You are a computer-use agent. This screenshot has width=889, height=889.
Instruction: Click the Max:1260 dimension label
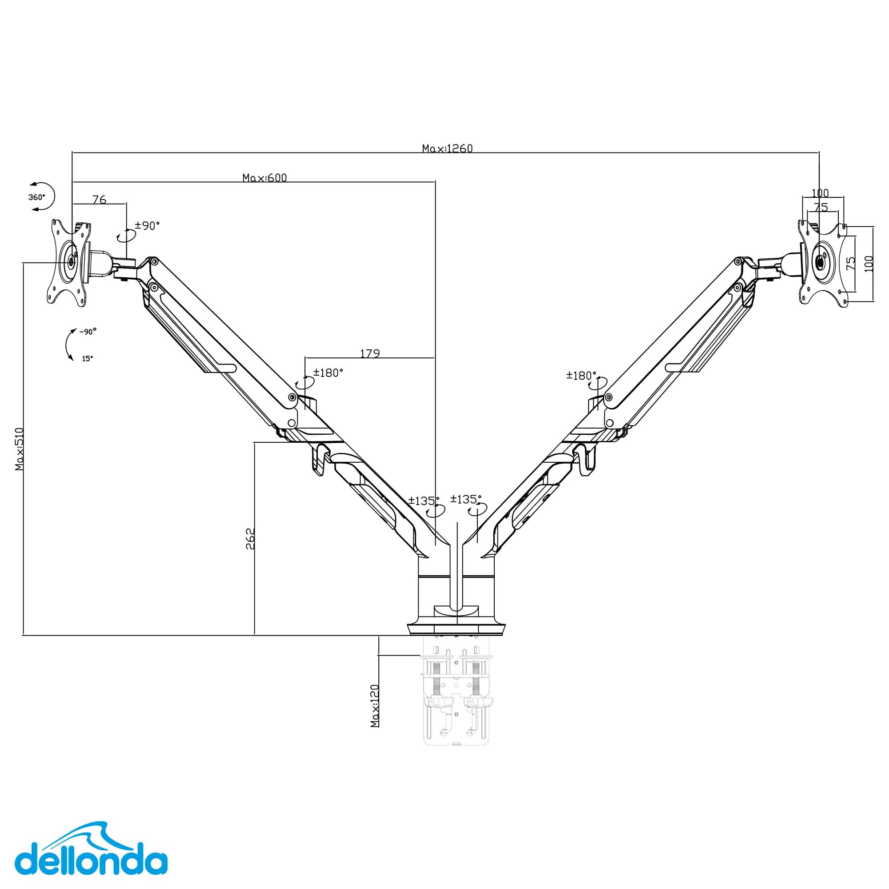pyautogui.click(x=447, y=148)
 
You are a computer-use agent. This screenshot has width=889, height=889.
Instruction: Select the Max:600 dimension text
pyautogui.click(x=264, y=178)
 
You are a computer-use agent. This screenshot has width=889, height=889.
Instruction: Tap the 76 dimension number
pyautogui.click(x=100, y=199)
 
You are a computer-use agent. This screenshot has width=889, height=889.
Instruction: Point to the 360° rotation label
pyautogui.click(x=37, y=197)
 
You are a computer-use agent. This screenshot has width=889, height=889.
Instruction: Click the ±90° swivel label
pyautogui.click(x=147, y=225)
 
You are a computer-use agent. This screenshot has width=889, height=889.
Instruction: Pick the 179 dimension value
pyautogui.click(x=369, y=353)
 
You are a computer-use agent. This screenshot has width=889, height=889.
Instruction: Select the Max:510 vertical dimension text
pyautogui.click(x=19, y=449)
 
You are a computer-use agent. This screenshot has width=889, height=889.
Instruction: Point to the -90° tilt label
pyautogui.click(x=88, y=331)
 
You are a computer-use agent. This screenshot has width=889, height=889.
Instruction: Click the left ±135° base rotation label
pyautogui.click(x=424, y=501)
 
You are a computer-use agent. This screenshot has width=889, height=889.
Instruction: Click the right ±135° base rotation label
pyautogui.click(x=466, y=499)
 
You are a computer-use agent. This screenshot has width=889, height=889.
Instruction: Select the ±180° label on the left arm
pyautogui.click(x=328, y=373)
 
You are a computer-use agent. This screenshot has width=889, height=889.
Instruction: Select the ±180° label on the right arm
pyautogui.click(x=581, y=376)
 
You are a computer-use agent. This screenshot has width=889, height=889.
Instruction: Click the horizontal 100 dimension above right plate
pyautogui.click(x=820, y=193)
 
